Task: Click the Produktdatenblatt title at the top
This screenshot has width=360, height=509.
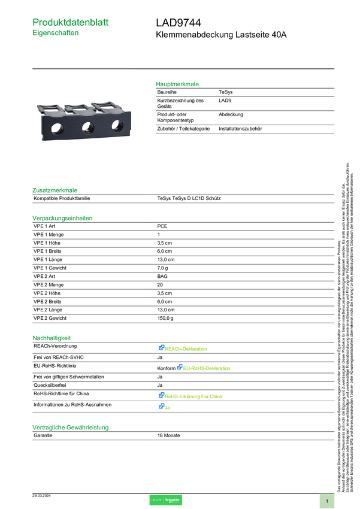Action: [x=71, y=22]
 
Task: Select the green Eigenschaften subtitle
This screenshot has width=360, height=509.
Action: [x=56, y=34]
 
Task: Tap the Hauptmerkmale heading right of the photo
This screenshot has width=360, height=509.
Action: [x=178, y=84]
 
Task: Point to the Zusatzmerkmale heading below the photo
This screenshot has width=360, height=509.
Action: [x=55, y=190]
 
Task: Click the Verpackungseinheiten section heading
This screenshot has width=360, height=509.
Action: [x=62, y=218]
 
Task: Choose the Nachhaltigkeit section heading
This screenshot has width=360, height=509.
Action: [x=52, y=338]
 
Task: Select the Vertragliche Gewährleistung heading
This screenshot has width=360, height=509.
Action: [x=70, y=427]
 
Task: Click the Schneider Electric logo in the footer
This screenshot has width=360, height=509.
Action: [x=165, y=500]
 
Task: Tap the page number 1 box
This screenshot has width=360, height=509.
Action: [x=327, y=500]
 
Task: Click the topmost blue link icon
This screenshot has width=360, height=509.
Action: [x=162, y=348]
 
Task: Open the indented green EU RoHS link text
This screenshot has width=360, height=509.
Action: [x=207, y=368]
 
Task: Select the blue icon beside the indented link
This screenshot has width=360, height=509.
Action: [x=179, y=368]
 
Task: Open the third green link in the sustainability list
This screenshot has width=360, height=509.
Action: [x=194, y=396]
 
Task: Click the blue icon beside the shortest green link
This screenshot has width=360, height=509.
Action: [x=162, y=407]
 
